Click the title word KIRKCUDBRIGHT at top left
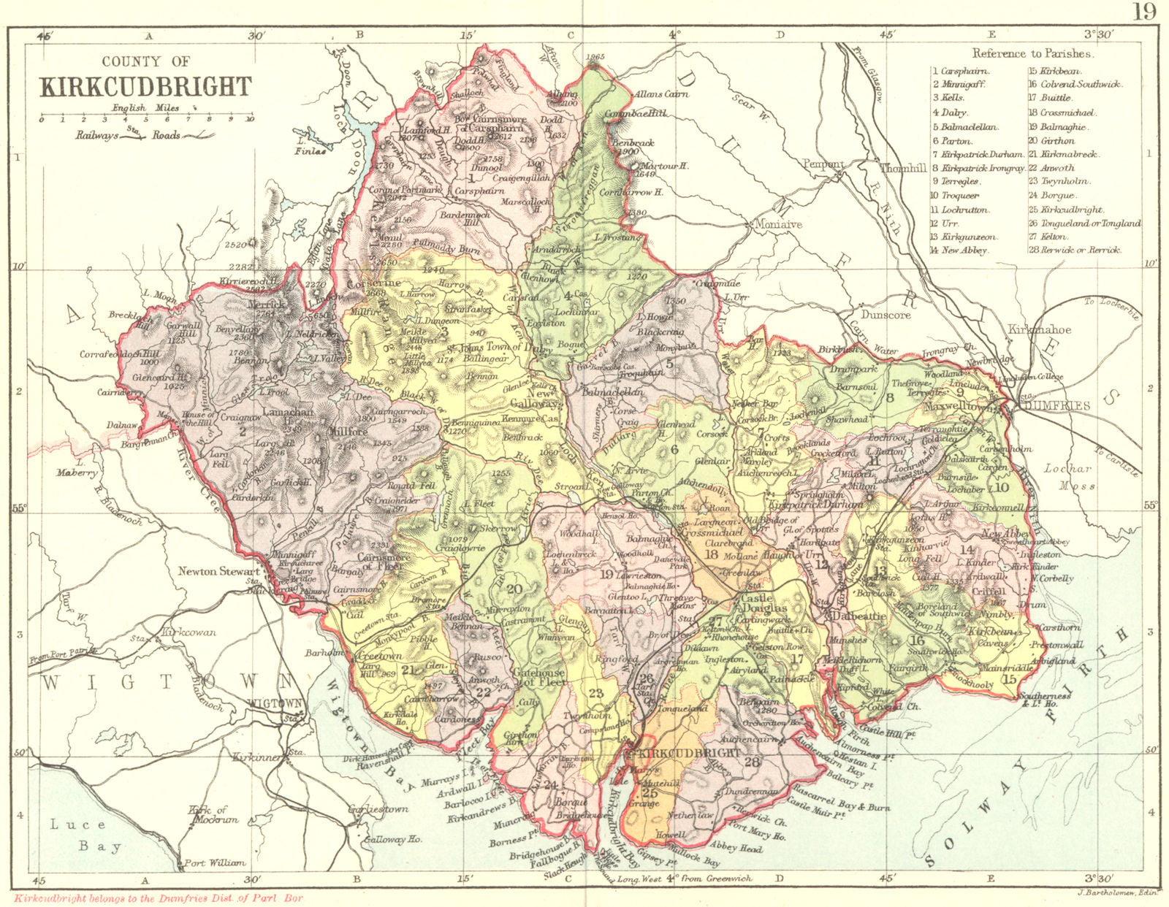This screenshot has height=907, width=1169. pyautogui.click(x=146, y=86)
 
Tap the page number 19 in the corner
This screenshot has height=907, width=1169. pyautogui.click(x=1146, y=12)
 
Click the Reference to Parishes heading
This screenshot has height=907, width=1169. pyautogui.click(x=1032, y=53)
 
